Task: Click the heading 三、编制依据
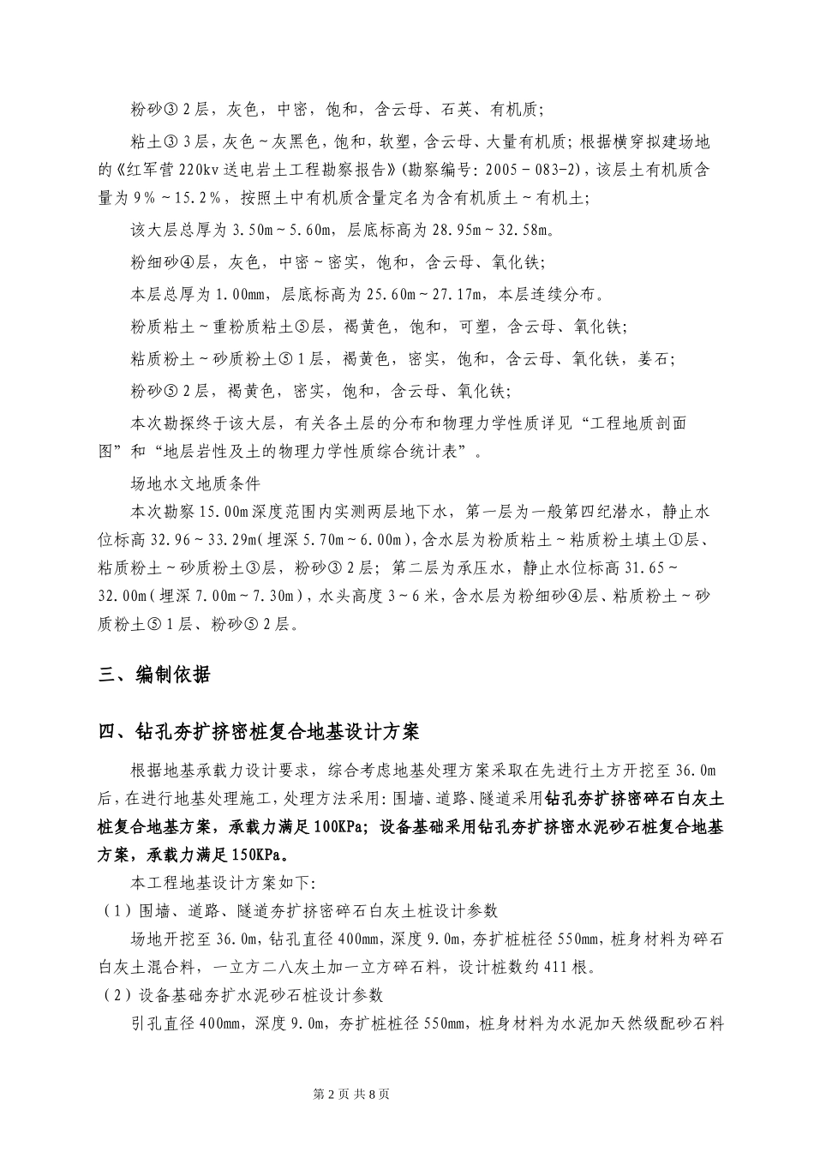[x=154, y=675]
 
